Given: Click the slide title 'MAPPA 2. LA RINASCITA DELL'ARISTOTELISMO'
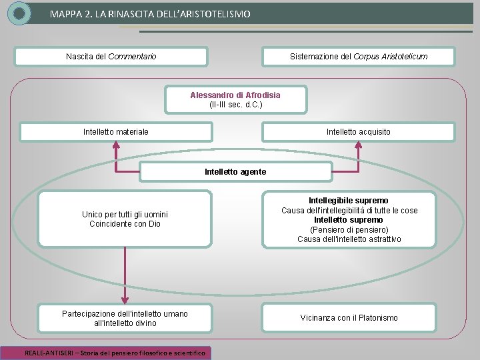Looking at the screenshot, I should (x=150, y=13).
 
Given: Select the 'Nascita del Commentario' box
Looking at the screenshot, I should (x=112, y=57).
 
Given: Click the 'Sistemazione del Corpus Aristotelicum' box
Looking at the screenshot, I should (x=359, y=57).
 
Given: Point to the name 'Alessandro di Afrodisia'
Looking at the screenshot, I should (x=235, y=95).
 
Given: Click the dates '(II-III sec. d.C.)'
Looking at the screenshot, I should (x=235, y=105).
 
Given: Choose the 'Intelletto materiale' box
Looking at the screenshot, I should (x=116, y=132).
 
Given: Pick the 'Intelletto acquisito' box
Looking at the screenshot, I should (x=359, y=132).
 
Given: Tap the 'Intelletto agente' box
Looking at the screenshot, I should (x=235, y=172).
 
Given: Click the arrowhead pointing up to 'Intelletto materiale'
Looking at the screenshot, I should (x=116, y=146).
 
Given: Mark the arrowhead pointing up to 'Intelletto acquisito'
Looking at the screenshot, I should (x=359, y=146).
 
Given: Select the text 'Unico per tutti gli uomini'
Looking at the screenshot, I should (x=125, y=214).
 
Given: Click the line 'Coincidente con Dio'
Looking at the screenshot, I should (x=125, y=224).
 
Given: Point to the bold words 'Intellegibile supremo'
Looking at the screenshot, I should (x=349, y=200).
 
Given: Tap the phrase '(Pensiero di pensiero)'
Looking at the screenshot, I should (x=349, y=229).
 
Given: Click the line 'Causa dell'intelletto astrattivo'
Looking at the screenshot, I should (x=349, y=239).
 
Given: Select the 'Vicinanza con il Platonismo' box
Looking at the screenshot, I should (x=349, y=318).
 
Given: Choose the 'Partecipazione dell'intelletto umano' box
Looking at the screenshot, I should (x=125, y=318).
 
